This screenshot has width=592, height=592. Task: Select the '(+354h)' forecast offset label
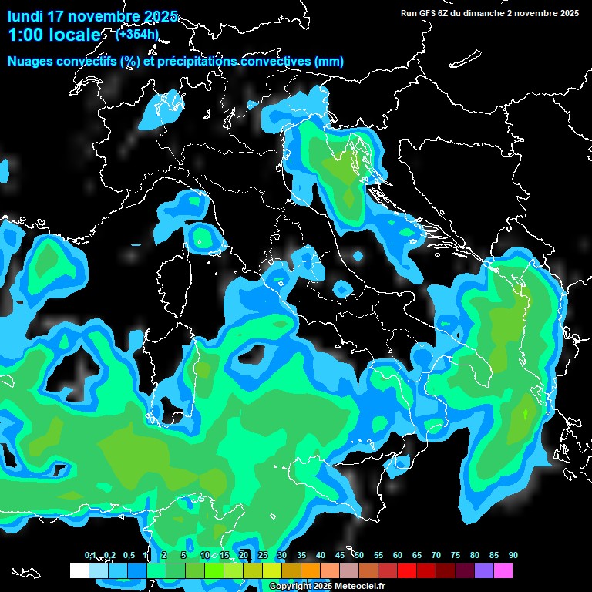pos(137,34)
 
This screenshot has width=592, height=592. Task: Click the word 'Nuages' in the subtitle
pos(31,62)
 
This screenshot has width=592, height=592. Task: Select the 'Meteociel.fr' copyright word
pos(349,587)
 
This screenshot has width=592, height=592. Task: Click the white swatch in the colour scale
pos(79,571)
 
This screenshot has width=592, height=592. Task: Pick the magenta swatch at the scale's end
pos(503,571)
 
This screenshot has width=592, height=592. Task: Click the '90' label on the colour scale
pos(513,556)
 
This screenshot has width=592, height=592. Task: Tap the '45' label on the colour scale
pos(340,556)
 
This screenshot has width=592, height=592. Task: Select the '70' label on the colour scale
pos(436,556)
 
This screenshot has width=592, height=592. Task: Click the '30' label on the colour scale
pos(282,556)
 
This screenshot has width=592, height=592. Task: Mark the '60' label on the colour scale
pos(398,556)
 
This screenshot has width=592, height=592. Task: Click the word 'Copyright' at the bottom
pos(290,587)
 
